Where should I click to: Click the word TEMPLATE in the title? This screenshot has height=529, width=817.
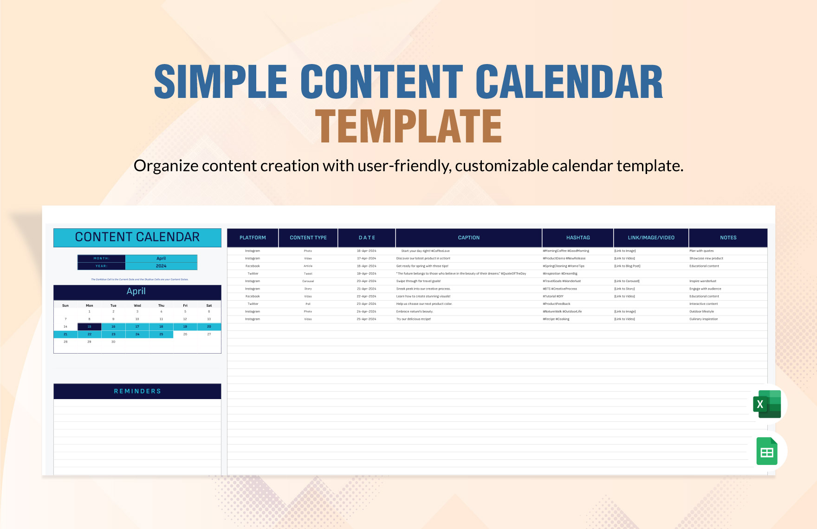pyautogui.click(x=408, y=126)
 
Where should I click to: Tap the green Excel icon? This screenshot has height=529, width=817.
pyautogui.click(x=767, y=404)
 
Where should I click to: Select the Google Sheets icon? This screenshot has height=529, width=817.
pyautogui.click(x=767, y=451)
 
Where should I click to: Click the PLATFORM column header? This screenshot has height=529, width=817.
pyautogui.click(x=253, y=238)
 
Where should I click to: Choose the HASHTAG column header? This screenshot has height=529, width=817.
pyautogui.click(x=578, y=238)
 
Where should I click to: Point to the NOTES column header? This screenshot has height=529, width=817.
pyautogui.click(x=728, y=238)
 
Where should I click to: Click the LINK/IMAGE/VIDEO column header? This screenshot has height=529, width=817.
pyautogui.click(x=651, y=238)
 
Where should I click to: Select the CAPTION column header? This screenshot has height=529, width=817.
pyautogui.click(x=468, y=238)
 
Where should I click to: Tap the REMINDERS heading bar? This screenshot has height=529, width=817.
pyautogui.click(x=137, y=391)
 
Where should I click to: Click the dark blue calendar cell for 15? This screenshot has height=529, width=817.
pyautogui.click(x=90, y=327)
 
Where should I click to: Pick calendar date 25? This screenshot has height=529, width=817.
pyautogui.click(x=161, y=334)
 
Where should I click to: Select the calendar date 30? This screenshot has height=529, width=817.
pyautogui.click(x=113, y=342)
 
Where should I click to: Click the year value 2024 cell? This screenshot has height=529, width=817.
pyautogui.click(x=161, y=266)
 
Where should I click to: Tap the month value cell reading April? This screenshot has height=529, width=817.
pyautogui.click(x=161, y=258)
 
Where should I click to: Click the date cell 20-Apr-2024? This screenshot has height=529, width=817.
pyautogui.click(x=366, y=281)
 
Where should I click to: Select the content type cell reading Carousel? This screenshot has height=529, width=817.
pyautogui.click(x=308, y=281)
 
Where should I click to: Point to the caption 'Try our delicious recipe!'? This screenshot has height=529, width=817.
pyautogui.click(x=414, y=319)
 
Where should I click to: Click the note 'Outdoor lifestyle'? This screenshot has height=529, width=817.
pyautogui.click(x=701, y=311)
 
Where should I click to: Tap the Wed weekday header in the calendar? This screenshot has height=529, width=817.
pyautogui.click(x=137, y=305)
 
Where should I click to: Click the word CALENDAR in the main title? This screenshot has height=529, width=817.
pyautogui.click(x=569, y=82)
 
